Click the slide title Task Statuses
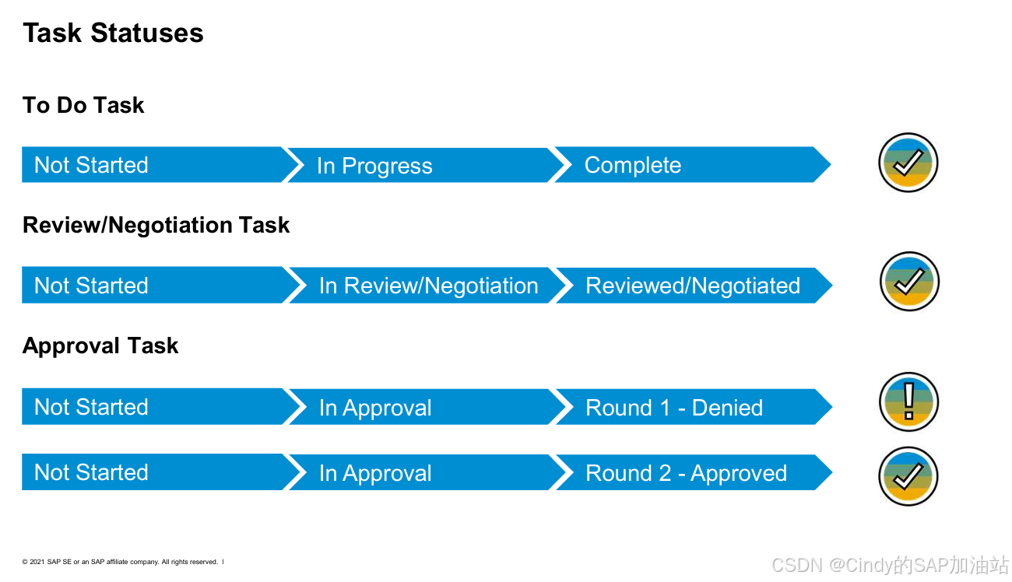(113, 33)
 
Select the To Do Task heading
(83, 105)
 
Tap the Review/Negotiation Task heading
(156, 226)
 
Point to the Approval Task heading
(100, 346)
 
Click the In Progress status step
(374, 166)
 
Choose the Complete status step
(632, 165)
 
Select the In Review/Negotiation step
(428, 286)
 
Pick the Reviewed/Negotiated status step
(692, 286)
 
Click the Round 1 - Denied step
(673, 408)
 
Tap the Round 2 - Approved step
(686, 473)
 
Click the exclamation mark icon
(908, 402)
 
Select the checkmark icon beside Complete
(908, 163)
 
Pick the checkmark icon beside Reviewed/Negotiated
(908, 281)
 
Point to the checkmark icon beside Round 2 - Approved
(908, 475)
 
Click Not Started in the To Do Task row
(91, 165)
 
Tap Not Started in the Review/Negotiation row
(91, 286)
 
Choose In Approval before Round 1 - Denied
(375, 408)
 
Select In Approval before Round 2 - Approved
(375, 473)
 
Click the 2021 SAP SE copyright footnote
(121, 562)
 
